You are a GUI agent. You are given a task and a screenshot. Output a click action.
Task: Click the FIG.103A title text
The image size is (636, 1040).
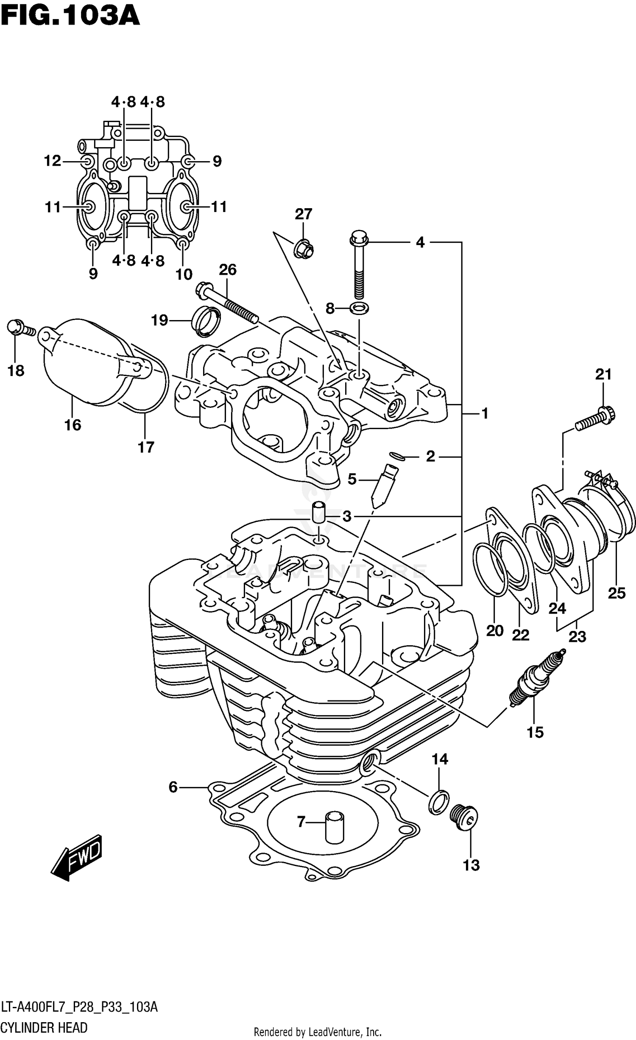pyautogui.click(x=70, y=16)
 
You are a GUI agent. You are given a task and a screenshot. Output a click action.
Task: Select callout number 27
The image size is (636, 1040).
pyautogui.click(x=303, y=214)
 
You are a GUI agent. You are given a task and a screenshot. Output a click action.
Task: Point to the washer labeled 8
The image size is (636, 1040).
pyautogui.click(x=359, y=308)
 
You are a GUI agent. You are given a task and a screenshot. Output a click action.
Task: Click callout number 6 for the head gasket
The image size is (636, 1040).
pyautogui.click(x=173, y=787)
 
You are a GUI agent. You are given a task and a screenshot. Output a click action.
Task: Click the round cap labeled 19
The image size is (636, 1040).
pyautogui.click(x=206, y=321)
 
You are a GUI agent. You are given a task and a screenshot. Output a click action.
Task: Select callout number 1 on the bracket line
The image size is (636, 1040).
pyautogui.click(x=485, y=413)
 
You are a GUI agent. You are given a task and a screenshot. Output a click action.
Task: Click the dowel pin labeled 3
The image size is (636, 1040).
pyautogui.click(x=319, y=513)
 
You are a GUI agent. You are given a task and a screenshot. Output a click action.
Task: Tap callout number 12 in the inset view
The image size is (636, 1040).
pyautogui.click(x=53, y=161)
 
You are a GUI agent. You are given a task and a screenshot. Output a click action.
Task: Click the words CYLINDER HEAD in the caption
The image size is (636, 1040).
pyautogui.click(x=44, y=1028)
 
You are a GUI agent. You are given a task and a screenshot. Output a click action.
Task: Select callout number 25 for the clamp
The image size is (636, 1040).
pyautogui.click(x=616, y=593)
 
